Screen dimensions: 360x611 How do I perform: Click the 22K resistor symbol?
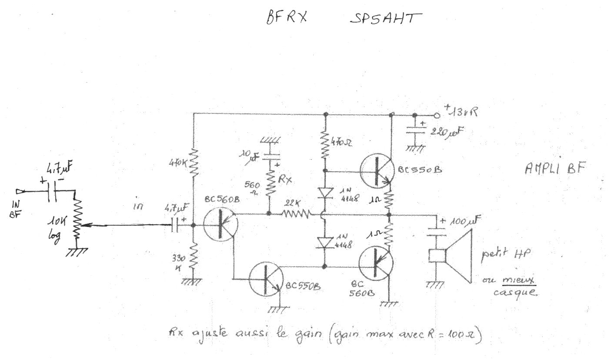(x=296, y=213)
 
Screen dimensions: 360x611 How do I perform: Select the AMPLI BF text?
(x=553, y=168)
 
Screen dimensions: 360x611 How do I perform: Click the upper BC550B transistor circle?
(x=377, y=170)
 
